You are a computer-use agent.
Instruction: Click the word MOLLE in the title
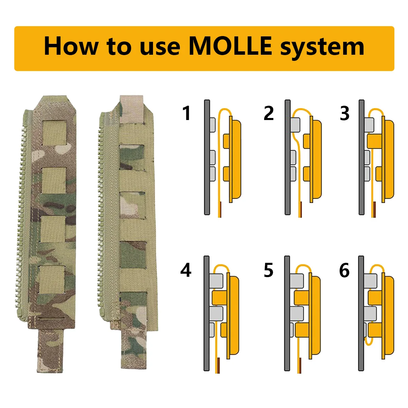coord(230,46)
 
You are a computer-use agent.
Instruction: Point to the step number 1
coord(186,114)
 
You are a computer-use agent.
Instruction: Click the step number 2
coord(269,114)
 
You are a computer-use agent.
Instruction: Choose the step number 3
coord(344,114)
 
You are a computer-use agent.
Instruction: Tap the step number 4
coord(186,270)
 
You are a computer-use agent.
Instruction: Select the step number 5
coord(269,270)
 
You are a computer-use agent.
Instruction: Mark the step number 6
coord(344,270)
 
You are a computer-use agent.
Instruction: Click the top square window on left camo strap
coord(54,133)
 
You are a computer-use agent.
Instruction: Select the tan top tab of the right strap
coord(132,109)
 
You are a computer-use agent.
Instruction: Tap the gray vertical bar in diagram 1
coord(207,157)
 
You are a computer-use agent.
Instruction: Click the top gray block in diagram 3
coord(369,124)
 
